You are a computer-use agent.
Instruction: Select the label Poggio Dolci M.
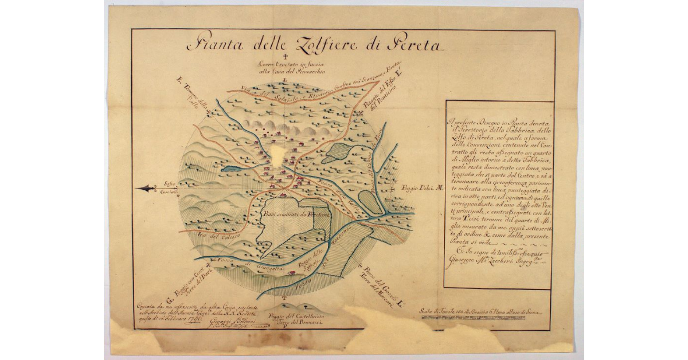coord(420,187)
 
